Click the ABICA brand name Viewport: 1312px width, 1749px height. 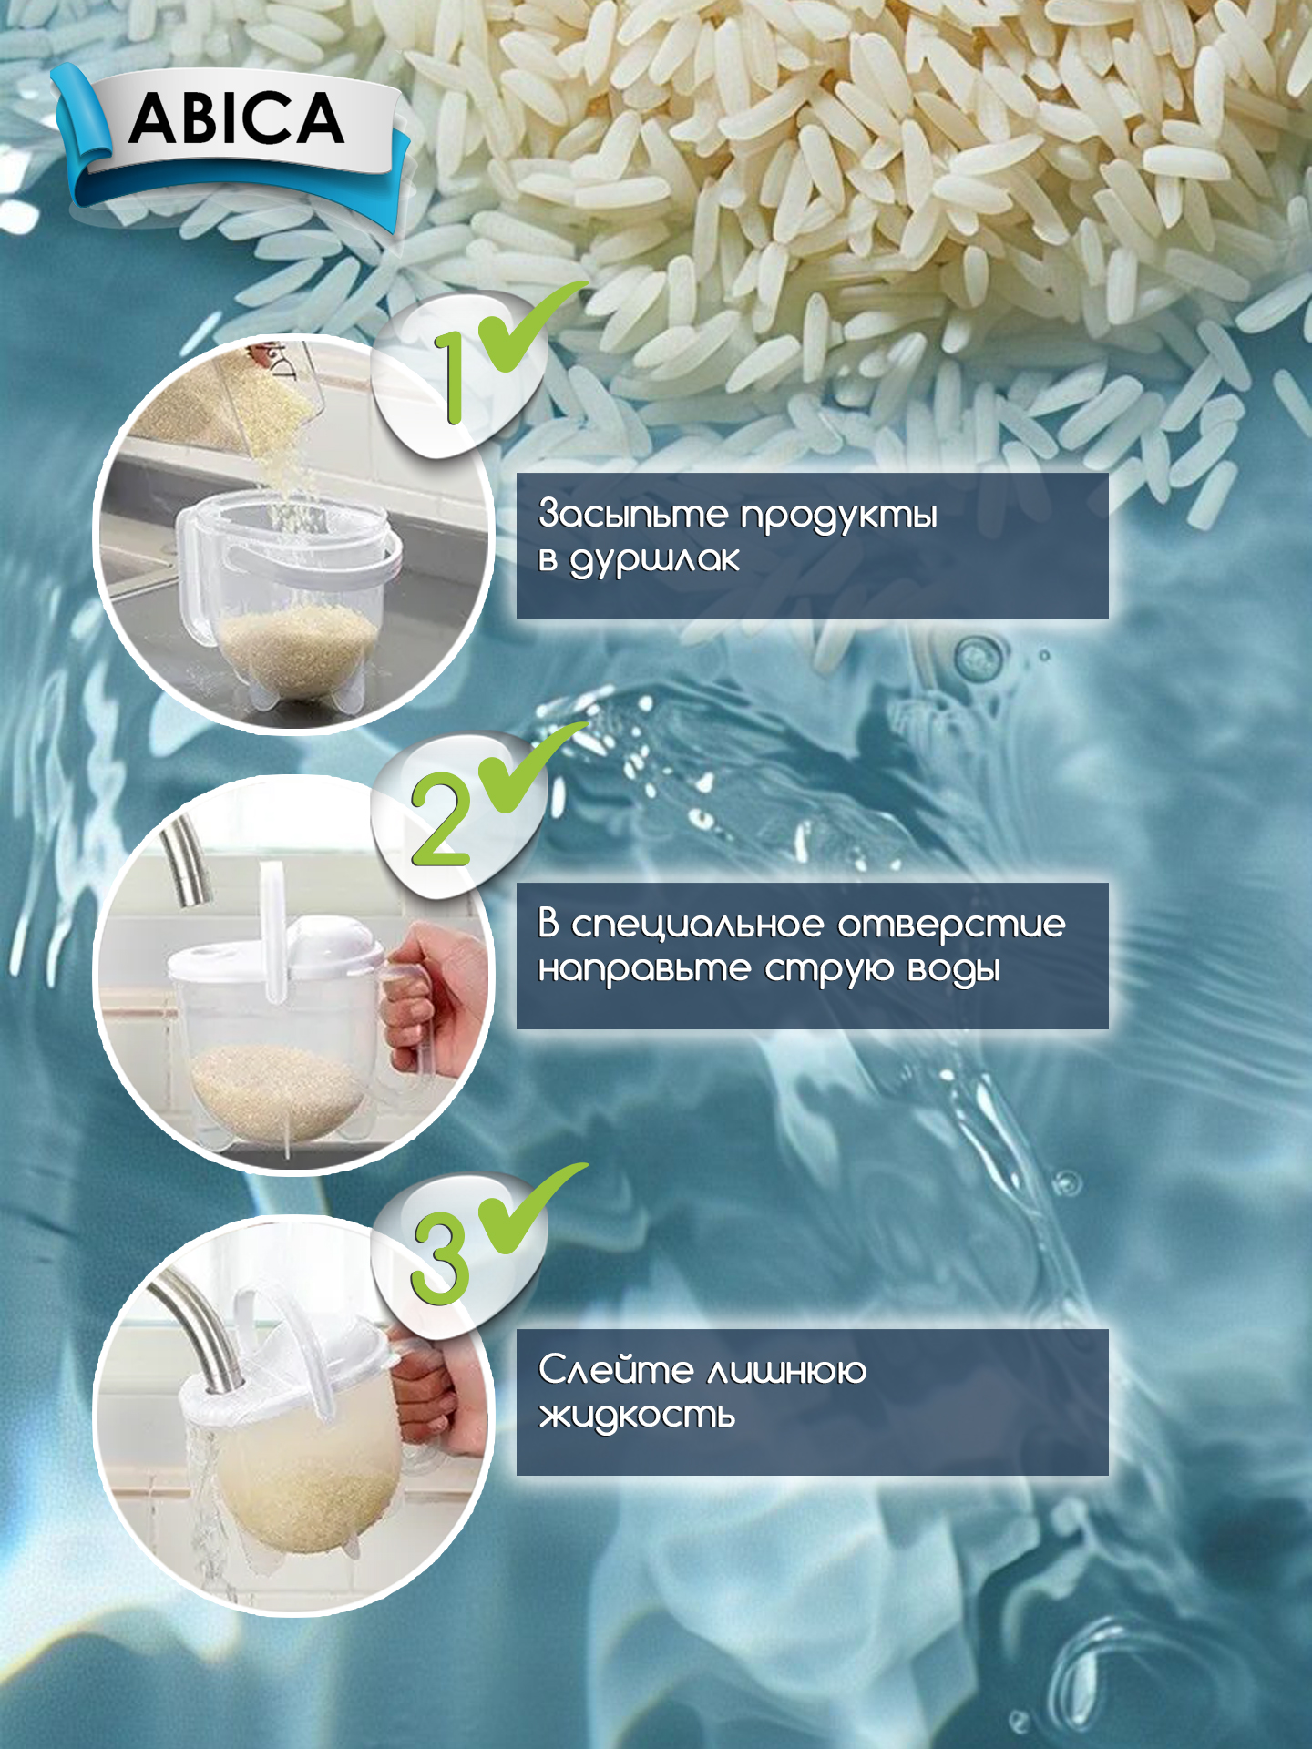(237, 119)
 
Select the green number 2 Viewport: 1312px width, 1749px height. (441, 818)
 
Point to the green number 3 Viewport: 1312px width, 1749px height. (441, 1256)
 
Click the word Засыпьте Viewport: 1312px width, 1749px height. (633, 515)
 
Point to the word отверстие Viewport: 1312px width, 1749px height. (951, 925)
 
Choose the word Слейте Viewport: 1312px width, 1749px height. (616, 1369)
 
